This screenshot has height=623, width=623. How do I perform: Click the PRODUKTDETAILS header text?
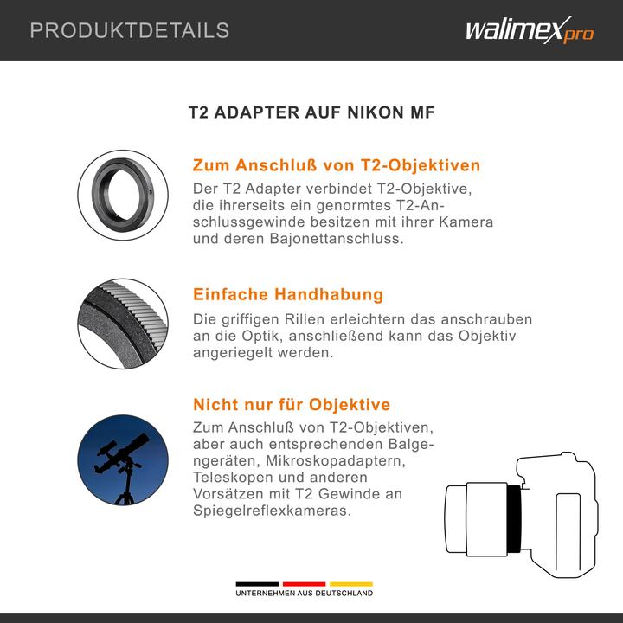click(130, 31)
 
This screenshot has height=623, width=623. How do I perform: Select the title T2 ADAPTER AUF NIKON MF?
click(311, 113)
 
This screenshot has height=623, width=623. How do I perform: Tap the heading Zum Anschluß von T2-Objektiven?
click(336, 165)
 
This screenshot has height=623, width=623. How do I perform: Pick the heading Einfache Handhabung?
click(287, 294)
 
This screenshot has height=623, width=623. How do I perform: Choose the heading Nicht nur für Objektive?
click(291, 404)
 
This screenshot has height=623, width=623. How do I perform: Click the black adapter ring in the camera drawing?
click(514, 518)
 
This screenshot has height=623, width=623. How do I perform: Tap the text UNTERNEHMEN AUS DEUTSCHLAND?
click(304, 594)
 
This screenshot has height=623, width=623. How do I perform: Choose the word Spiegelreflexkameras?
click(271, 511)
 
